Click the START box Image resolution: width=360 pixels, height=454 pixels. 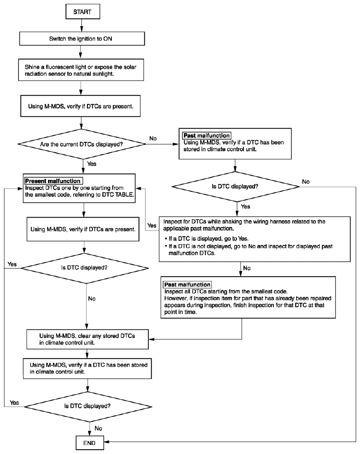[83, 12]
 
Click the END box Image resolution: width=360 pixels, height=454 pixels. [90, 443]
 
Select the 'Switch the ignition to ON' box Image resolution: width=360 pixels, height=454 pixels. [82, 39]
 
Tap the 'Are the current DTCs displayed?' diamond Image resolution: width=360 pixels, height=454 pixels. [82, 144]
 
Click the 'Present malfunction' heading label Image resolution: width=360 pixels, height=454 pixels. [53, 181]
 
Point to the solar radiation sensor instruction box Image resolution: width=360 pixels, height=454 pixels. [81, 70]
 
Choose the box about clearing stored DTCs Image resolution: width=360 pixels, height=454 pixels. [87, 339]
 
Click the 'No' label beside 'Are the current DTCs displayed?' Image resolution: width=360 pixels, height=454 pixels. [153, 138]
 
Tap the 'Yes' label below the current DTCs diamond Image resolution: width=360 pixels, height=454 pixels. [92, 164]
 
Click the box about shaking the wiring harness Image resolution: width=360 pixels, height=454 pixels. [255, 239]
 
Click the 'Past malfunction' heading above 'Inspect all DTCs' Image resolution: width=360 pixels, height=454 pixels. [187, 285]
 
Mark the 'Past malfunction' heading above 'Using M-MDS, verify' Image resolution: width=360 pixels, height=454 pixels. [207, 135]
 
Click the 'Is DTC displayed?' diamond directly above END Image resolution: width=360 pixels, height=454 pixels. [88, 406]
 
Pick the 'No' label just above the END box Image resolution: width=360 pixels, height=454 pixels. [98, 428]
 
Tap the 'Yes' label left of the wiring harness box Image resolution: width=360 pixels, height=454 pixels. [152, 225]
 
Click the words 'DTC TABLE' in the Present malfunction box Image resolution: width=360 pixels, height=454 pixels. [118, 194]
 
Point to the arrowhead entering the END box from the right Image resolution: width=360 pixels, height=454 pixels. [106, 442]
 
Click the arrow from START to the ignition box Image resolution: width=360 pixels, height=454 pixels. [82, 25]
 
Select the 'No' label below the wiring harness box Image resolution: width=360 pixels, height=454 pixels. [247, 268]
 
